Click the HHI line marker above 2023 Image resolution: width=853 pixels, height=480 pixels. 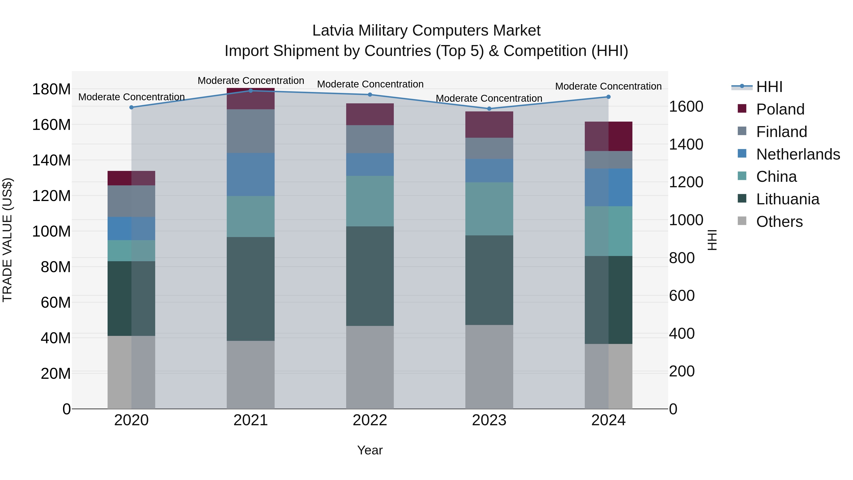click(x=489, y=109)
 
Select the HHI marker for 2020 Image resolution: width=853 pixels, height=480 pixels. click(x=132, y=107)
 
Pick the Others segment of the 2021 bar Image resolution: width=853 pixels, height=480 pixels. click(x=251, y=375)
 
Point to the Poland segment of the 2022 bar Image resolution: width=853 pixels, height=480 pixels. click(x=370, y=114)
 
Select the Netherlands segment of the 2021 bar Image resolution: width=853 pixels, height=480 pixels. click(x=251, y=174)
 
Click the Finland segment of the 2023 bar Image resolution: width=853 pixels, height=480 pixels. click(x=489, y=148)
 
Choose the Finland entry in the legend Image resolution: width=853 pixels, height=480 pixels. click(x=781, y=132)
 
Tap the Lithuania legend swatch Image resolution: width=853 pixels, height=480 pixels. click(x=742, y=199)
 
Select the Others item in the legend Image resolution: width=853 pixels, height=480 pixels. click(x=779, y=222)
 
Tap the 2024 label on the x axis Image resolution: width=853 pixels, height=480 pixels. click(x=608, y=420)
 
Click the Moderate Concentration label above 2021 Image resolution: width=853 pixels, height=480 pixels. click(x=251, y=81)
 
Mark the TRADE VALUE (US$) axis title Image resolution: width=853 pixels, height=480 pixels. click(x=7, y=240)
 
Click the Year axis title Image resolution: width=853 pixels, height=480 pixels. click(x=370, y=450)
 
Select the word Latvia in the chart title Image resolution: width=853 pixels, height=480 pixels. click(x=333, y=31)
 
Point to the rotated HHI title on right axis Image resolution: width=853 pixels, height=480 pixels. click(x=712, y=240)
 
